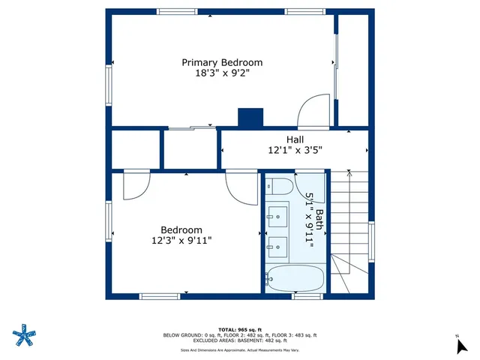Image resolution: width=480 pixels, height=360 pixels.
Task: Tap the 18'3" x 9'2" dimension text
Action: click(x=223, y=73)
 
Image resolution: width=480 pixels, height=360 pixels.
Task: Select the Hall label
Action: click(x=295, y=139)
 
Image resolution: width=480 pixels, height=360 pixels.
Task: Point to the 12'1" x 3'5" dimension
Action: click(x=295, y=150)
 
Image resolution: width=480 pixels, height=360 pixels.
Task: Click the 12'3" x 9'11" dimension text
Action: click(x=181, y=241)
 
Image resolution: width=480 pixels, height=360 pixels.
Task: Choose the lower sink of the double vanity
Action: click(x=277, y=244)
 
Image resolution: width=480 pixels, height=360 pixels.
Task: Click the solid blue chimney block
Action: click(x=250, y=118)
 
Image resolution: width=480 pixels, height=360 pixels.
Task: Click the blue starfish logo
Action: click(x=25, y=335)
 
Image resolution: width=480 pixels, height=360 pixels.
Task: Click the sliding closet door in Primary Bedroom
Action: click(x=189, y=128)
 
